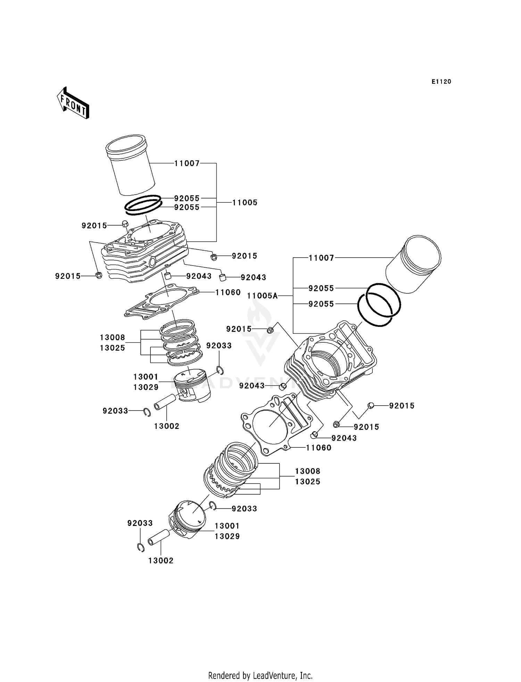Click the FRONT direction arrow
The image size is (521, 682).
click(x=73, y=103)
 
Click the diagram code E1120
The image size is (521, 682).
click(x=441, y=82)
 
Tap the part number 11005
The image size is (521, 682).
click(x=245, y=203)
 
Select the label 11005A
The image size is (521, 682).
click(x=262, y=296)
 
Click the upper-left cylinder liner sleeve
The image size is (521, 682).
click(x=130, y=165)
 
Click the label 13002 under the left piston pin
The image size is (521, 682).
click(x=167, y=426)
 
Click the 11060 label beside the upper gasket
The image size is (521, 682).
click(x=228, y=292)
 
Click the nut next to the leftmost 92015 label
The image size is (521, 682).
click(x=99, y=276)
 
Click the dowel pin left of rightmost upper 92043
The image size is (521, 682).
click(x=223, y=277)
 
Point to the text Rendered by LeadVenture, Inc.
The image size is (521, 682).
click(x=260, y=675)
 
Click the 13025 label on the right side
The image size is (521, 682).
click(x=307, y=481)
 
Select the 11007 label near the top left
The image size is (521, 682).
click(x=187, y=163)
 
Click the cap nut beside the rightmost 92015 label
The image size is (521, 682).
click(x=371, y=405)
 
